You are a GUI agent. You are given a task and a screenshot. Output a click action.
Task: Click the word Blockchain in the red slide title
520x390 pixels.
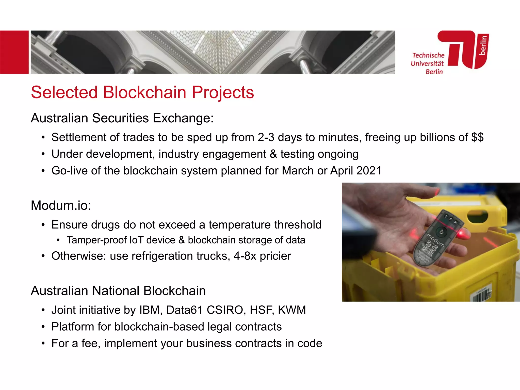click(144, 92)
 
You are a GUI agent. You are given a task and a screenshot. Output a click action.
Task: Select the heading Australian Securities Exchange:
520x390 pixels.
click(122, 118)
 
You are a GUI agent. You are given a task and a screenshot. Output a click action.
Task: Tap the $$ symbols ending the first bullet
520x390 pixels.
click(477, 137)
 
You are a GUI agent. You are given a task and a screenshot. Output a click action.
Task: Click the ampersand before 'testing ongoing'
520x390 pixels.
click(273, 154)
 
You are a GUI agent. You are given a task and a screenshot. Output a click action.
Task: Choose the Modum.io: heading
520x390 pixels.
click(61, 205)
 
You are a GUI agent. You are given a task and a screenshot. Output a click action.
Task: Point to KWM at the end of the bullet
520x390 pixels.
click(292, 310)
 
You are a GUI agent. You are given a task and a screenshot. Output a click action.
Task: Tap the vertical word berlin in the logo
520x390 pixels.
click(483, 45)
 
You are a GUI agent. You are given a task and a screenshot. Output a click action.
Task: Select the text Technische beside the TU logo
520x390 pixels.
click(428, 55)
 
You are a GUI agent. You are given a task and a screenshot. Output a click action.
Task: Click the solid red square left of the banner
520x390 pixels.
click(14, 52)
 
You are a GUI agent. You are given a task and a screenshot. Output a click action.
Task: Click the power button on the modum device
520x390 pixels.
click(441, 232)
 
